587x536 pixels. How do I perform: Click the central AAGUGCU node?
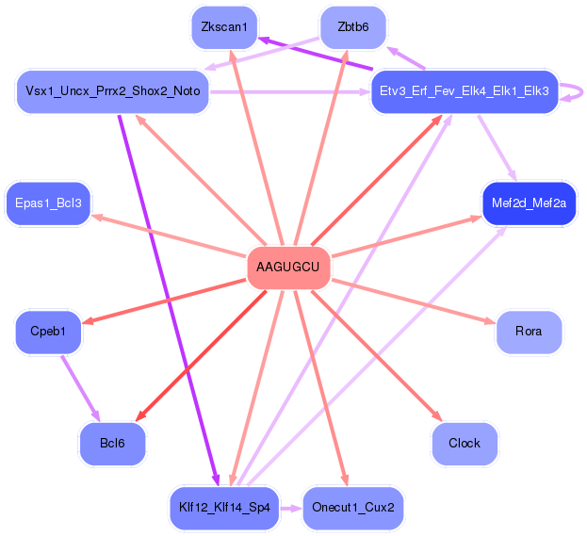(288, 268)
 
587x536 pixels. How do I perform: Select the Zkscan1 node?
(224, 27)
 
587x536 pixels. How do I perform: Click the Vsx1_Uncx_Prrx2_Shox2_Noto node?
(113, 91)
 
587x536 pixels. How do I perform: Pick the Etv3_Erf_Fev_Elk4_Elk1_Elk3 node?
(464, 91)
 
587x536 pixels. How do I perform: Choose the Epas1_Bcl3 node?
(48, 203)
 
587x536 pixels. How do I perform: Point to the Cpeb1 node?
(48, 332)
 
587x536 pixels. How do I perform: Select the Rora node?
(528, 332)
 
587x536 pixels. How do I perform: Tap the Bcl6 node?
(112, 443)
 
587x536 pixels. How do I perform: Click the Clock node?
(464, 443)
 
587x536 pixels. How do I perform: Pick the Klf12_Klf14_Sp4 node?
(224, 508)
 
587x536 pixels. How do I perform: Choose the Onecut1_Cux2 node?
(352, 508)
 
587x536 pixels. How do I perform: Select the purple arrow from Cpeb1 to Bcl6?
(80, 387)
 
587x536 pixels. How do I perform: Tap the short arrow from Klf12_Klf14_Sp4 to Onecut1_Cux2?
(291, 508)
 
